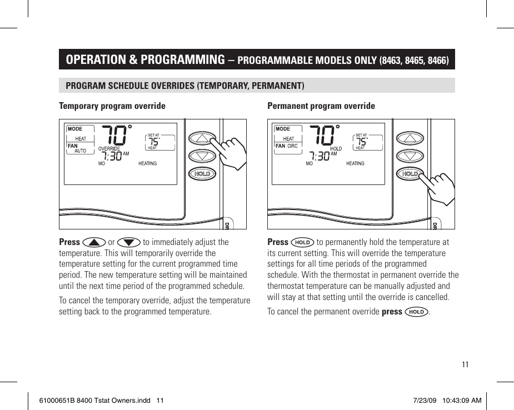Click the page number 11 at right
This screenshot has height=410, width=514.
[465, 364]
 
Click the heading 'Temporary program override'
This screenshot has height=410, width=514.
[112, 106]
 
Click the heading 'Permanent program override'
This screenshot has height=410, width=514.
[321, 106]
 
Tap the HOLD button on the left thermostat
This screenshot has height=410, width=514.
[202, 174]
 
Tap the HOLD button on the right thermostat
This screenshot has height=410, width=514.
[410, 174]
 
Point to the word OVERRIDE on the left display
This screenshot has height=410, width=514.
[109, 149]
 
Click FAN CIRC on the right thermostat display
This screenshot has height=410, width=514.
[287, 146]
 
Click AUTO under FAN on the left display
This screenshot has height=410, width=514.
[81, 151]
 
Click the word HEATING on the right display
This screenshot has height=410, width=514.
[355, 163]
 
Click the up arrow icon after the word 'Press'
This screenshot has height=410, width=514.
[94, 242]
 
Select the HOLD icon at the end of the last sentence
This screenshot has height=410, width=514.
[416, 312]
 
